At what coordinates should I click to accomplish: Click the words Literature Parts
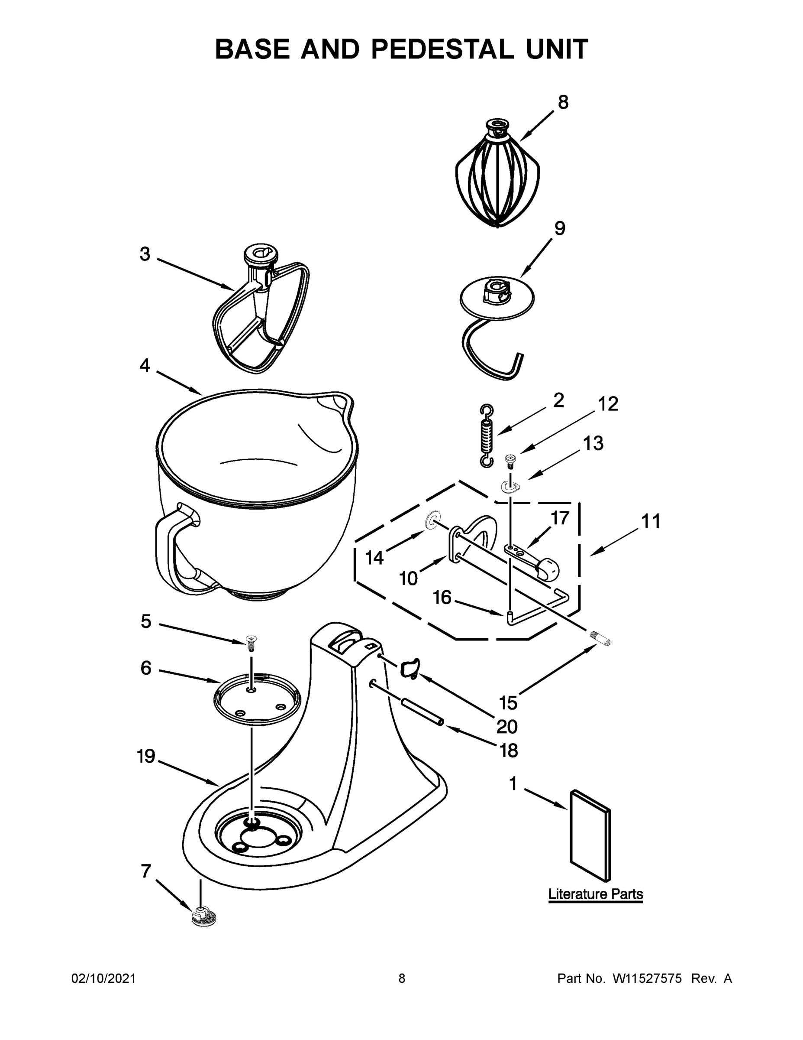[x=595, y=894]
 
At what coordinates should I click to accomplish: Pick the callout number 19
[x=146, y=756]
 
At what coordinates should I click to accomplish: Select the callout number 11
[x=650, y=522]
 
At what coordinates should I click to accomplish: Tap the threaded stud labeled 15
[x=600, y=639]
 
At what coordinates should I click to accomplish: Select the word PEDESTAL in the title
[x=442, y=49]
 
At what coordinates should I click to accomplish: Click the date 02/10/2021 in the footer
[x=103, y=978]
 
